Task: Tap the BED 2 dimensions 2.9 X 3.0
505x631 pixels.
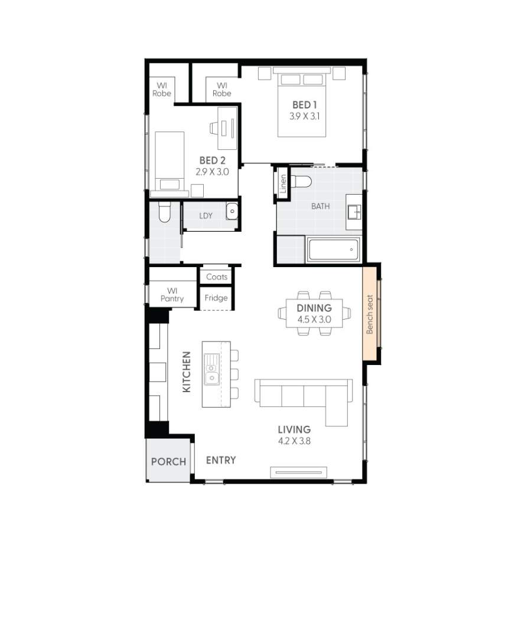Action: point(211,172)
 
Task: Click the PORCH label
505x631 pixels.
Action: point(168,462)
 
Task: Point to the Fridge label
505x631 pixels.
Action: point(216,298)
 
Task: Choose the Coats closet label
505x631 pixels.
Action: point(217,277)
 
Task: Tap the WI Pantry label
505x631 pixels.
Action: point(172,294)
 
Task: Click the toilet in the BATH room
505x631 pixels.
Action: point(302,182)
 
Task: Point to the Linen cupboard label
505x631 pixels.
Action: point(283,185)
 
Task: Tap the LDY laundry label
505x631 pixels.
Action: point(206,216)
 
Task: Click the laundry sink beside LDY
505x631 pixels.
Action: point(232,211)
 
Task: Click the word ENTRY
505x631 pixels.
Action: point(221,460)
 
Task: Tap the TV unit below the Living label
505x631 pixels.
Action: point(298,471)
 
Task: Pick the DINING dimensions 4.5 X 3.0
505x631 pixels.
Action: point(314,320)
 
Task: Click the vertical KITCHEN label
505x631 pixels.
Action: point(186,372)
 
